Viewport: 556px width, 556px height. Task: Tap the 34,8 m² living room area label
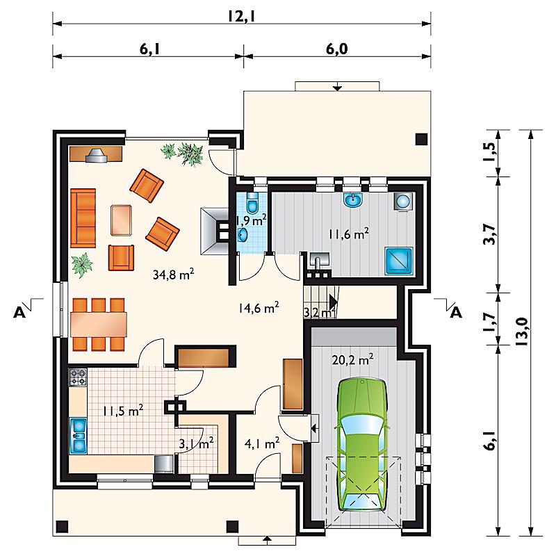click(173, 274)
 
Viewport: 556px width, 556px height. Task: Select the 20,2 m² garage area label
click(352, 360)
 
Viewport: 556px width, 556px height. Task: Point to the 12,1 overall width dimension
click(241, 16)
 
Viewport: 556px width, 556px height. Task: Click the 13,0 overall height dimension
click(523, 332)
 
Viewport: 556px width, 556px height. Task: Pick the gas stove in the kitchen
click(78, 377)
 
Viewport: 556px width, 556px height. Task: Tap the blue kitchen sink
click(78, 436)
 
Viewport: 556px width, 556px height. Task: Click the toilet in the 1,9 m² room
click(252, 203)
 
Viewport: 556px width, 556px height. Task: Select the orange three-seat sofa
click(83, 218)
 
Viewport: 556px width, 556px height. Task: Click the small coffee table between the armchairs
click(121, 220)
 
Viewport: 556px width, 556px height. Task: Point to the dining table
click(99, 324)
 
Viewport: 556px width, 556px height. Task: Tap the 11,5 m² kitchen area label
click(123, 411)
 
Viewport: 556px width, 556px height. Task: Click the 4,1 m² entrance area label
click(262, 443)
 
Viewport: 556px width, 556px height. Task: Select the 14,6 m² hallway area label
click(259, 307)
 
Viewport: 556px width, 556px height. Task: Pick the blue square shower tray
click(399, 261)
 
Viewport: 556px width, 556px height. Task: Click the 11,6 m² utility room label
click(349, 234)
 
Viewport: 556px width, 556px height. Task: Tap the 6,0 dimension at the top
click(337, 49)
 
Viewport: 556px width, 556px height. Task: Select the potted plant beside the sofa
click(82, 265)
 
